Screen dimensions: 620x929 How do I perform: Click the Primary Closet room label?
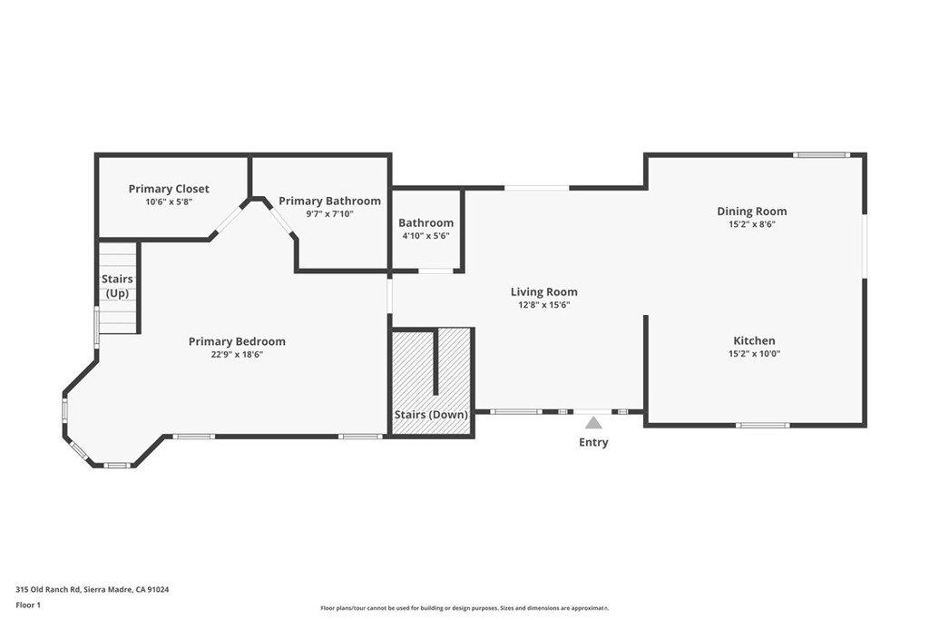coord(169,189)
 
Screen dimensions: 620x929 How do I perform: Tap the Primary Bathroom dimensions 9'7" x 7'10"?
coord(329,214)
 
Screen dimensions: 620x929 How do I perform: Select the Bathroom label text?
coord(425,223)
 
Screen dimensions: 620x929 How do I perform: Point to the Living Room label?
coord(543,292)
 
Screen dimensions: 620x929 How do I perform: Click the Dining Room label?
coord(752,212)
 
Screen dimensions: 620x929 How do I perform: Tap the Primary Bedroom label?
coord(237,342)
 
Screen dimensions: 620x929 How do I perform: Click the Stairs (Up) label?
coord(117,286)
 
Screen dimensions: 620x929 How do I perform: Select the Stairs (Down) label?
coord(431,415)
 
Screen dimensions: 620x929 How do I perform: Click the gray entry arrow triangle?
coord(593,423)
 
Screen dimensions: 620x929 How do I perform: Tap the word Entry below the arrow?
coord(593,443)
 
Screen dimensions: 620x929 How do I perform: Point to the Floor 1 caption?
coord(28,605)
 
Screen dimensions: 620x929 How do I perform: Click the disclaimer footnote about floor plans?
coord(464,608)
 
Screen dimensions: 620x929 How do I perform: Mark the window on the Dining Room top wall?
coord(821,155)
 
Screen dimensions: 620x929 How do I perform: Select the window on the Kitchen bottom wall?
coord(762,425)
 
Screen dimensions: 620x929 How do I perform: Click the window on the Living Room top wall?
coord(536,188)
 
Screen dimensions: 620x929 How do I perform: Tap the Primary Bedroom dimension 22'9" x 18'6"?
coord(237,355)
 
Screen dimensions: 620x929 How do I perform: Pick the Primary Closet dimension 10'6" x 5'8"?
coord(169,202)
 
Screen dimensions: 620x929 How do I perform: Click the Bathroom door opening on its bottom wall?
coord(435,271)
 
